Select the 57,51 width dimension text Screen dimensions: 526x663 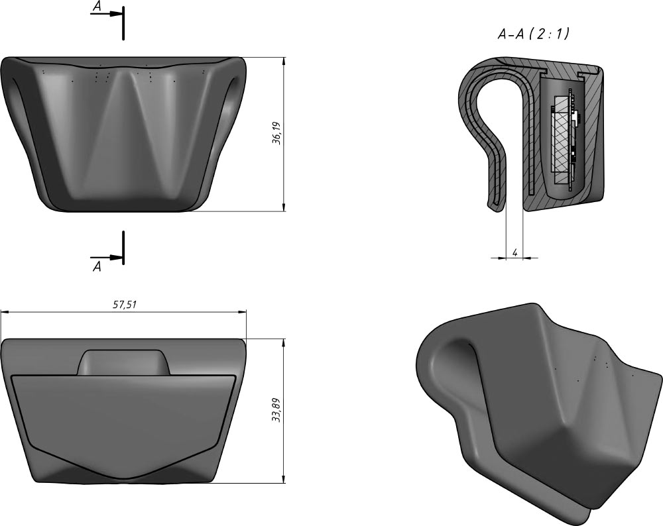pos(124,305)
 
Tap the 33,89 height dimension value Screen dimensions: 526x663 pos(276,411)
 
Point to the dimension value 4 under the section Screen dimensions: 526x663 pos(514,252)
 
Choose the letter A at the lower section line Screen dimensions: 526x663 pos(97,266)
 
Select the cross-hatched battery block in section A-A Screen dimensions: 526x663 pos(562,140)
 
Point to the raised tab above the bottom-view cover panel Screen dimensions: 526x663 pos(125,362)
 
